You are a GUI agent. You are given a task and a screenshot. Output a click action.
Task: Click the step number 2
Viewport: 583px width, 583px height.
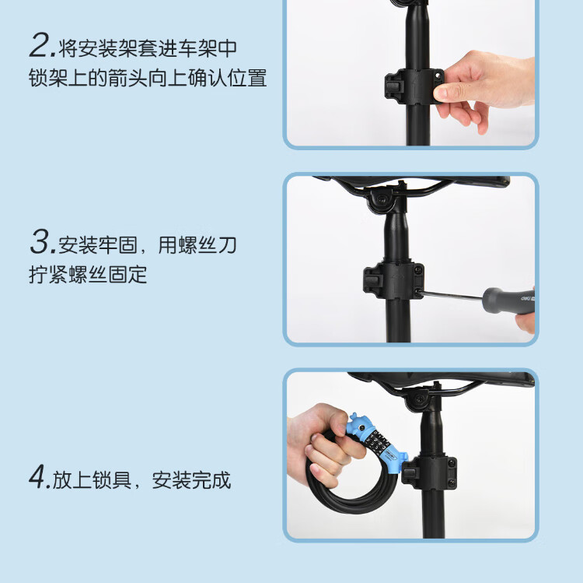click(x=40, y=46)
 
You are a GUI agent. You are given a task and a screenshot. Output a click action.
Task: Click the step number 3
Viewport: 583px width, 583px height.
click(x=40, y=242)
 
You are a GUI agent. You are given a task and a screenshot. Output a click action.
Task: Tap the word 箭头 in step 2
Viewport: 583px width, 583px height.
click(x=128, y=78)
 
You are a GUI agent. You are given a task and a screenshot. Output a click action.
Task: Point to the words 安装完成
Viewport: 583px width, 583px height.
click(x=191, y=479)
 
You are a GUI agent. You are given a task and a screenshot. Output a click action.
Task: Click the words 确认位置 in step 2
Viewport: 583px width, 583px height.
click(x=227, y=78)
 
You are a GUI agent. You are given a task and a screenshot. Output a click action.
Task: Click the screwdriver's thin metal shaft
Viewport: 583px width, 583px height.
click(x=452, y=295)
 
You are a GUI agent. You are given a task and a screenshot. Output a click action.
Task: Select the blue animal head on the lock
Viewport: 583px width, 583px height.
click(x=360, y=423)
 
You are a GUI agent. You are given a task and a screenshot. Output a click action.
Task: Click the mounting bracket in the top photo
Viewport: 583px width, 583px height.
click(x=414, y=86)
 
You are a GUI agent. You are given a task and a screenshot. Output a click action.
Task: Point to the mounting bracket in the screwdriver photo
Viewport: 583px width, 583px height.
click(x=393, y=280)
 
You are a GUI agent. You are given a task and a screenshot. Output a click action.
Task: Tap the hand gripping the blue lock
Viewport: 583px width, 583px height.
click(x=323, y=444)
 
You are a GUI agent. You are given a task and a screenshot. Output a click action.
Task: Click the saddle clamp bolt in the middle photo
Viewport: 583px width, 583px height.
click(x=381, y=198)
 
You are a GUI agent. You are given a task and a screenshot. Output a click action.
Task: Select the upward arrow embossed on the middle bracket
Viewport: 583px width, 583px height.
click(x=397, y=282)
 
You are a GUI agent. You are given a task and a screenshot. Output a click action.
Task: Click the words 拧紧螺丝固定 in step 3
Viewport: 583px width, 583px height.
click(x=88, y=274)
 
